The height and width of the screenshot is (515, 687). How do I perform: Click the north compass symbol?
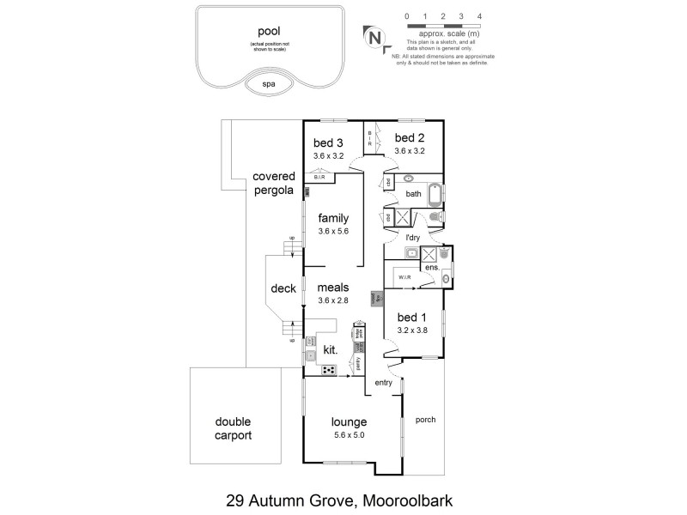[x=374, y=37]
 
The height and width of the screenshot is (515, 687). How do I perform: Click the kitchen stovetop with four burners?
[x=329, y=370]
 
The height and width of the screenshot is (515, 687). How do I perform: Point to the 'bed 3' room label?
[x=328, y=142]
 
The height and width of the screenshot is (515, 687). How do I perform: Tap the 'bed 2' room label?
[x=410, y=137]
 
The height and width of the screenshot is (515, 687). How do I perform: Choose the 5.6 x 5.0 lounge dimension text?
[x=350, y=436]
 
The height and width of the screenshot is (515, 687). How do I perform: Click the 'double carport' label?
[x=234, y=428]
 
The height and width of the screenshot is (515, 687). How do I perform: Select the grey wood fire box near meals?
[x=375, y=299]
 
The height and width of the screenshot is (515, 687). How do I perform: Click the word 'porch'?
[x=426, y=420]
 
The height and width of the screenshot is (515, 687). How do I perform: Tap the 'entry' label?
[x=383, y=383]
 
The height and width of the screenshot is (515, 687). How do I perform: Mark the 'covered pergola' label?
[x=273, y=183]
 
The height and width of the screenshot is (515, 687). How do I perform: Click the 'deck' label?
[x=283, y=288]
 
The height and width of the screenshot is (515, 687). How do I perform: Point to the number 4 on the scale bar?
[x=479, y=15]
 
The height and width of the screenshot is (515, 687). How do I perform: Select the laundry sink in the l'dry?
[x=410, y=253]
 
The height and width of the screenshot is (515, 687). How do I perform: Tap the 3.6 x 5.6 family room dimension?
[x=333, y=231]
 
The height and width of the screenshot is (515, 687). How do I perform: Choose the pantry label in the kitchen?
[x=358, y=364]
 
